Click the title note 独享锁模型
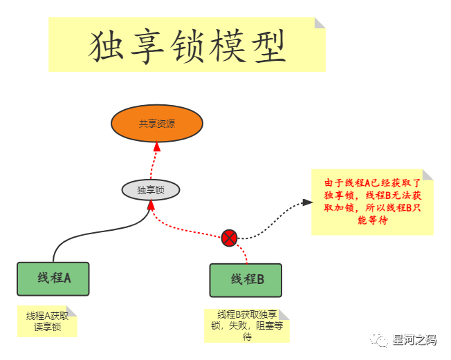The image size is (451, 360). pyautogui.click(x=187, y=45)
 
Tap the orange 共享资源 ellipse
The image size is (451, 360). pyautogui.click(x=157, y=124)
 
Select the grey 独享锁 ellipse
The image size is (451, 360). pyautogui.click(x=150, y=189)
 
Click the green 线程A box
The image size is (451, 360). pyautogui.click(x=54, y=278)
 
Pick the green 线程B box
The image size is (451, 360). pyautogui.click(x=246, y=280)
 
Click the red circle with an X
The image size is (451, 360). pyautogui.click(x=230, y=238)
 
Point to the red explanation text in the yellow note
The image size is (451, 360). pyautogui.click(x=372, y=202)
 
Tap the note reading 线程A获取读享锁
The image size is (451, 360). pyautogui.click(x=47, y=321)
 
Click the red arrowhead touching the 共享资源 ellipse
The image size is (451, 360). pyautogui.click(x=157, y=146)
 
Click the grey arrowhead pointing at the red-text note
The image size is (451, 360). pyautogui.click(x=307, y=202)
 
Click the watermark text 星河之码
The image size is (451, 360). pyautogui.click(x=414, y=339)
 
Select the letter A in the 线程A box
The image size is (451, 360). pyautogui.click(x=68, y=278)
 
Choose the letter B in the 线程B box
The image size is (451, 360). pyautogui.click(x=260, y=280)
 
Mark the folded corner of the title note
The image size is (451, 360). pyautogui.click(x=320, y=23)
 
